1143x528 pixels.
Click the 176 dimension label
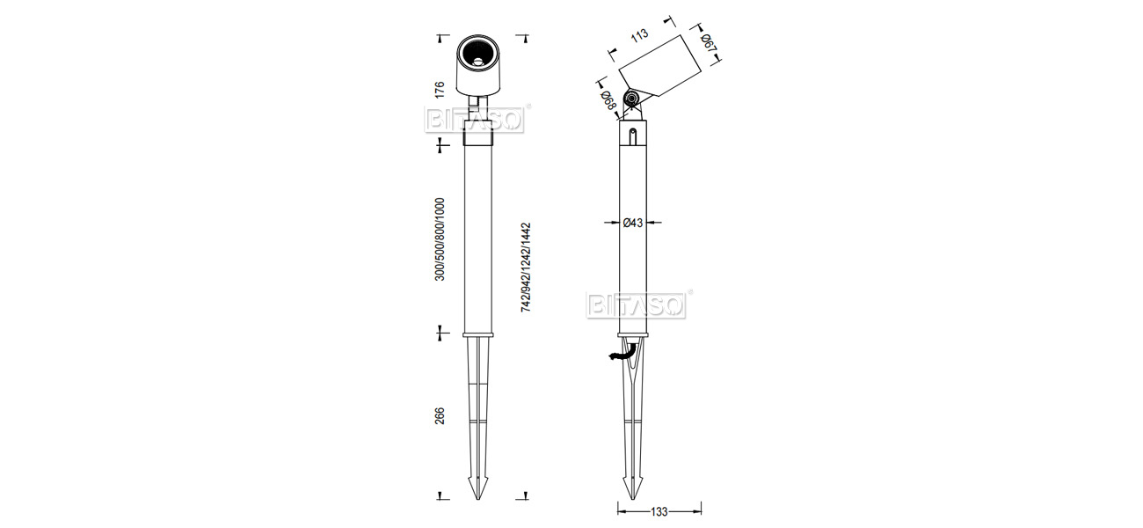pyautogui.click(x=440, y=88)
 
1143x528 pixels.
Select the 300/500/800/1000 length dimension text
pyautogui.click(x=440, y=239)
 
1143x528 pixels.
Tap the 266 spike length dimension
pyautogui.click(x=440, y=415)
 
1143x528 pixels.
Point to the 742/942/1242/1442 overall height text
pyautogui.click(x=525, y=268)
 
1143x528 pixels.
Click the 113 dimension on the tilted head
pyautogui.click(x=639, y=34)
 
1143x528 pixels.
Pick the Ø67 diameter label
pyautogui.click(x=706, y=40)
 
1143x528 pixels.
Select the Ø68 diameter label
pyautogui.click(x=607, y=100)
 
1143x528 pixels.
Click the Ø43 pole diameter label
pyautogui.click(x=634, y=224)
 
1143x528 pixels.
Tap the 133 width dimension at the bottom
pyautogui.click(x=659, y=510)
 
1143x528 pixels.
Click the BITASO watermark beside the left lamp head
pyautogui.click(x=475, y=119)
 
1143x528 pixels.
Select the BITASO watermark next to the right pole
pyautogui.click(x=635, y=304)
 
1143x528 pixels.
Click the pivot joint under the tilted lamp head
pyautogui.click(x=630, y=99)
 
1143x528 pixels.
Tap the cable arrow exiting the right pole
pyautogui.click(x=619, y=355)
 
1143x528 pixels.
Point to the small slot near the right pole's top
pyautogui.click(x=633, y=135)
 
